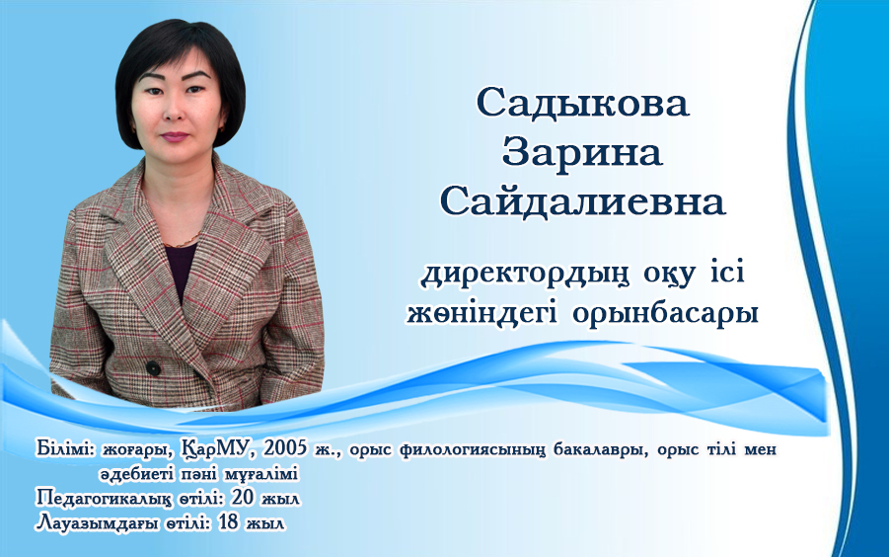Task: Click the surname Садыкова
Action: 583,103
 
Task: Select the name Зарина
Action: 582,152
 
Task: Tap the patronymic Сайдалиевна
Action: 583,201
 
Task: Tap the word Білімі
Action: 66,448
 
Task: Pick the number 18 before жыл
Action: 228,522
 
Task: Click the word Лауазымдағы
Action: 98,523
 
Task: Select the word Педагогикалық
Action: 105,499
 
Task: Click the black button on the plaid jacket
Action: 153,367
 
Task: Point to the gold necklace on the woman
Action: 183,242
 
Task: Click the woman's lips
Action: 176,136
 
